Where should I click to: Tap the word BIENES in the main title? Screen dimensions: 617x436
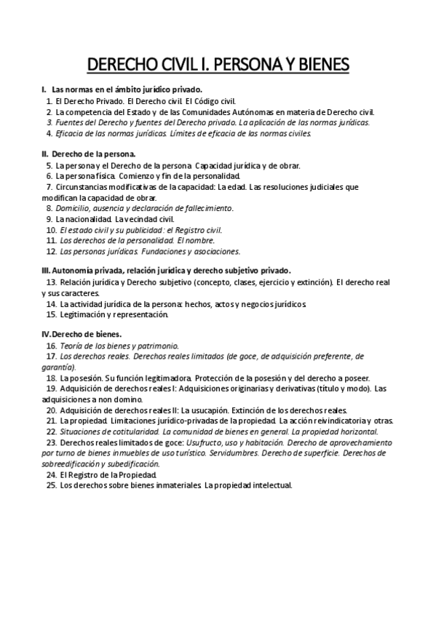[x=321, y=65]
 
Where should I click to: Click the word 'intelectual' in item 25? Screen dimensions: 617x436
[x=269, y=485]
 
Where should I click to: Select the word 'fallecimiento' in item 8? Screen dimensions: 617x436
[x=209, y=208]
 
